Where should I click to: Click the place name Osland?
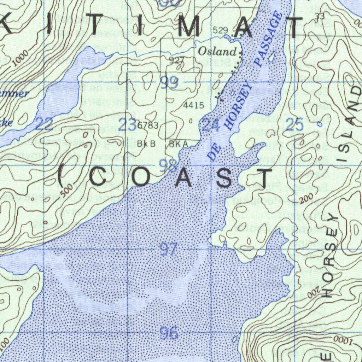point(217,52)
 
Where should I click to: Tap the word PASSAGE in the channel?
point(269,39)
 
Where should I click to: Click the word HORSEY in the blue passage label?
point(239,106)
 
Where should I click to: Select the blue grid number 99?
point(169,82)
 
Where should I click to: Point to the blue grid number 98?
point(168,166)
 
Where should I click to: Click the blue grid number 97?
point(168,250)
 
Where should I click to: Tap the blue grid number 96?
point(169,333)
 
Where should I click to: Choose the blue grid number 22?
point(44,124)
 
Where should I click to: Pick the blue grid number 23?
point(127,125)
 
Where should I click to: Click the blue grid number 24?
point(211,125)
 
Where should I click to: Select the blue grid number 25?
point(294,125)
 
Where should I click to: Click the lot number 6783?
point(148,125)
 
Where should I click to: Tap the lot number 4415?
point(194,105)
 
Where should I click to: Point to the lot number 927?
point(176,60)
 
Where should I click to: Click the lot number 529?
point(221,30)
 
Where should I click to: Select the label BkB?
point(146,144)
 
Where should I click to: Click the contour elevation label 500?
point(68,190)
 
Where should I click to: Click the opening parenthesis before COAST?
point(61,177)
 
